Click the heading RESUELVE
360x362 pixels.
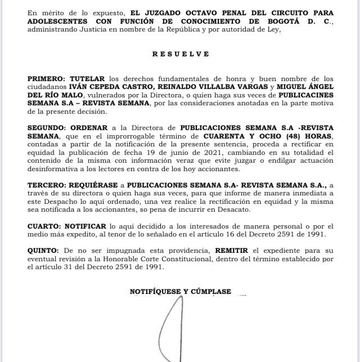tap(180, 54)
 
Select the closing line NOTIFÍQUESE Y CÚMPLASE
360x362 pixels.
tap(180, 291)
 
